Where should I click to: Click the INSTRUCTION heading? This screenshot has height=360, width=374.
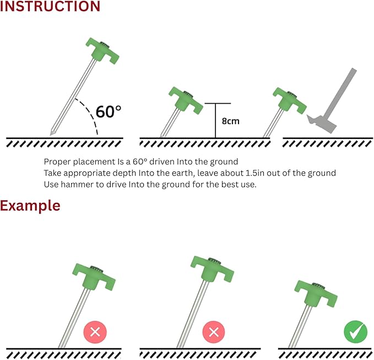pos(50,6)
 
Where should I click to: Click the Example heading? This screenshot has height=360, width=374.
pos(30,206)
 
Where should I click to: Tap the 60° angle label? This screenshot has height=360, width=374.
pos(109,111)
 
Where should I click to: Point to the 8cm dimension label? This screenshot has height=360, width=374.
pos(230,121)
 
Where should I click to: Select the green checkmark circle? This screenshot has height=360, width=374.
pos(355,331)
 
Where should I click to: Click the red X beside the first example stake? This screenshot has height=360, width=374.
pos(95,332)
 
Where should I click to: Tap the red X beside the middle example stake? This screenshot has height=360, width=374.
pos(214,332)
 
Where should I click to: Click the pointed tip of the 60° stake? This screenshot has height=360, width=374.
pos(51,135)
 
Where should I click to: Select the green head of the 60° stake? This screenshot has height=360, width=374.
pos(102,51)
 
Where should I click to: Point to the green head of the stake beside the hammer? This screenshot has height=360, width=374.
pos(290,101)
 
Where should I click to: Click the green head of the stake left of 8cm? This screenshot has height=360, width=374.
pos(186,100)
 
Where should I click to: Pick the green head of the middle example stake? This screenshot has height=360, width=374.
pos(212,269)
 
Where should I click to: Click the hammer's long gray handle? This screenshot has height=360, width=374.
pos(342,94)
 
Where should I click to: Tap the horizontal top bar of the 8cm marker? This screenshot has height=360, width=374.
pos(218,103)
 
